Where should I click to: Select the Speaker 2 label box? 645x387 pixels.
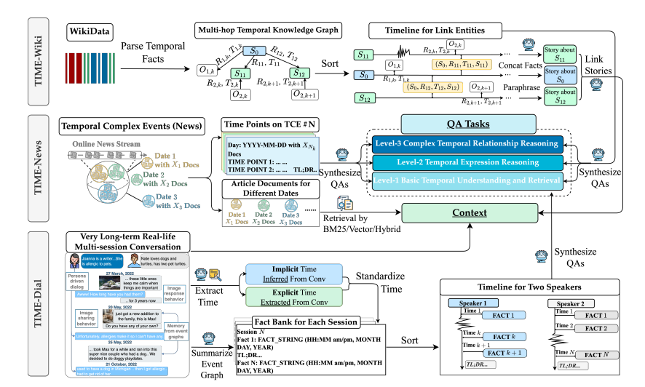pos(571,303)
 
